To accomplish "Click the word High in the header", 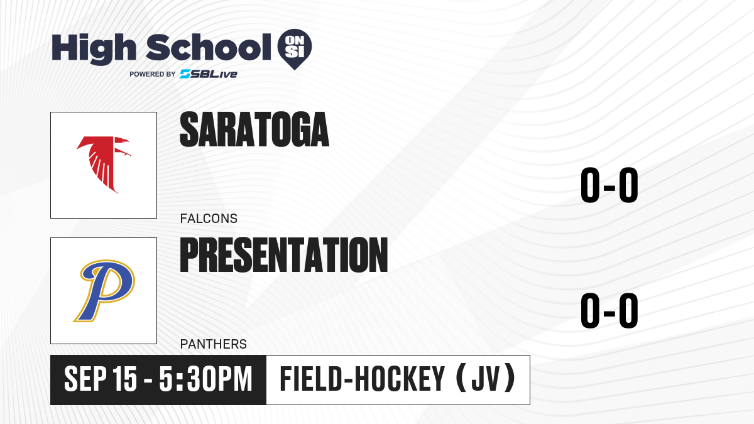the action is pos(94,49).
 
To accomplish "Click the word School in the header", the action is pos(209,47).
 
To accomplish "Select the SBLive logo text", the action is pos(209,74).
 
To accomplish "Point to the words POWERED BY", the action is pos(153,74).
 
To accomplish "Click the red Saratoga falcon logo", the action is pos(103,165).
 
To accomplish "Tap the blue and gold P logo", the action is pos(104,291).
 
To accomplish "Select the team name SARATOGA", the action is pos(254,129).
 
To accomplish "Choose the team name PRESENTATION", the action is pos(284,255).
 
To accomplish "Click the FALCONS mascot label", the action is pos(209,219).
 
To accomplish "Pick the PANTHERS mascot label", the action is pos(214,344).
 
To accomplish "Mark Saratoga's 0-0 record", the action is pos(609,185).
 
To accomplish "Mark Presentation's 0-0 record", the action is pos(609,310).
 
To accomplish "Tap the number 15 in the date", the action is pos(125,379).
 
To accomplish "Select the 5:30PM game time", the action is pos(205,379).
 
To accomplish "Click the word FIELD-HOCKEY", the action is pos(362,379).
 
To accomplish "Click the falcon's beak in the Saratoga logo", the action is pos(127,154).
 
